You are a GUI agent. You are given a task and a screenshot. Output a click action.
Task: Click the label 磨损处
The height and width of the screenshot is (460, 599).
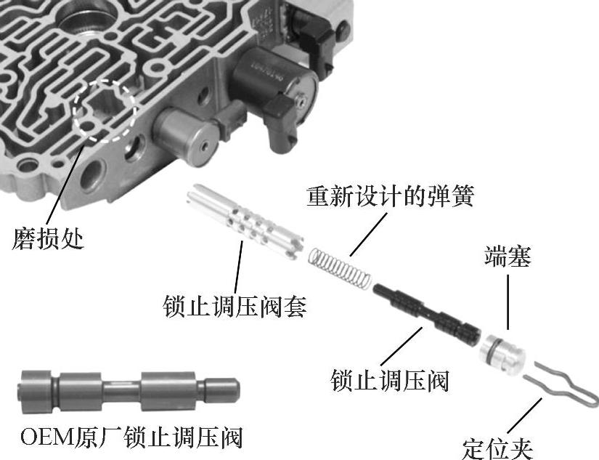point(48,238)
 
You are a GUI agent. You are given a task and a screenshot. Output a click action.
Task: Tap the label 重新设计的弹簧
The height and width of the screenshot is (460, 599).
point(391,196)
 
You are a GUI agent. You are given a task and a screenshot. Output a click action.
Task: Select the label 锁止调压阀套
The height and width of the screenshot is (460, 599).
point(235,306)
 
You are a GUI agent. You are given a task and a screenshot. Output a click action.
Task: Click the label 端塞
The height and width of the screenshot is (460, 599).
point(508,257)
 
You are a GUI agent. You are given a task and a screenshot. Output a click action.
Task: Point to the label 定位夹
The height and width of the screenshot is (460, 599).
point(497,448)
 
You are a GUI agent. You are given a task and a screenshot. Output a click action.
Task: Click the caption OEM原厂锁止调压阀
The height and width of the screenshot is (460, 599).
point(131,437)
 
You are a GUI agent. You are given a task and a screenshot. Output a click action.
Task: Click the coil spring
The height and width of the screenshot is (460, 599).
point(340,267)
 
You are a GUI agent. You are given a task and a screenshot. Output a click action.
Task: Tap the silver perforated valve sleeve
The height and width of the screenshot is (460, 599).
point(245,222)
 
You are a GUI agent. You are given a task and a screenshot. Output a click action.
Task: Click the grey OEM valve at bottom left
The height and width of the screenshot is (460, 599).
point(129,392)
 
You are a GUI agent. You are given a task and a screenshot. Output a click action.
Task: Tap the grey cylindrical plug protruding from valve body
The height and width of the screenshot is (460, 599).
point(185,136)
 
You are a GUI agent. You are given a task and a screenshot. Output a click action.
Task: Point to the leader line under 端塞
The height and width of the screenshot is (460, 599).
point(508,302)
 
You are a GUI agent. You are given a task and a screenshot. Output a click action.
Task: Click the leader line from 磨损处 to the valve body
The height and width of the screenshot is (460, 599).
point(64,185)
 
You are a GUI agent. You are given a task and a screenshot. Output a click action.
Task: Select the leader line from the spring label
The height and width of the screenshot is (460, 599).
point(368,235)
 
